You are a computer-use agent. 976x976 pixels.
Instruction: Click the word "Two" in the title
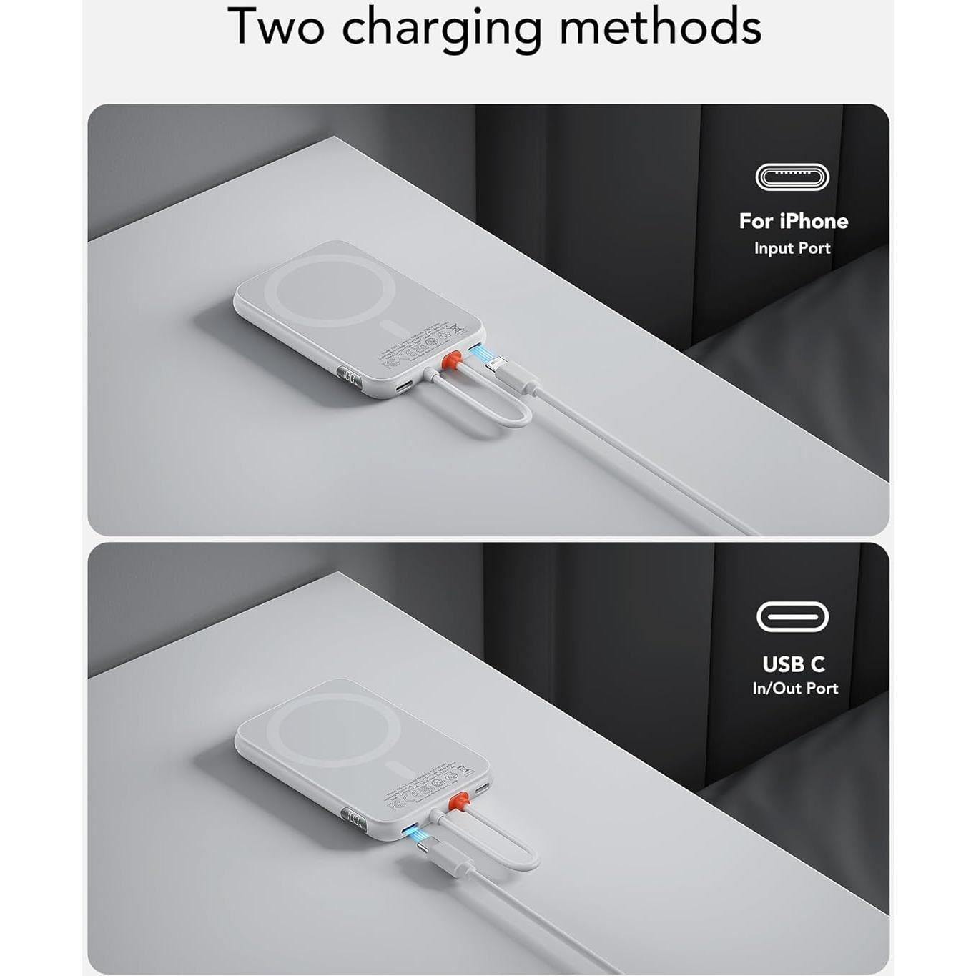276,27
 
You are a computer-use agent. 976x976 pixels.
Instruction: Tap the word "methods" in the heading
660,27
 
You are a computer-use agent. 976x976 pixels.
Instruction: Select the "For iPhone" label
793,221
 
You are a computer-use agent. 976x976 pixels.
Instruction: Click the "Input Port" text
792,248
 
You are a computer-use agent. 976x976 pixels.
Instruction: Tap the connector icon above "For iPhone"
792,177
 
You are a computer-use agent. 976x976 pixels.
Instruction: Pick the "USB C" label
793,664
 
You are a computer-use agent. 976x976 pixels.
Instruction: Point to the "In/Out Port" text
794,688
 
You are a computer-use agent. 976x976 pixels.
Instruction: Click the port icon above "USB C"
792,617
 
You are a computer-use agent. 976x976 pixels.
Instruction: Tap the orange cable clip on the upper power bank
451,360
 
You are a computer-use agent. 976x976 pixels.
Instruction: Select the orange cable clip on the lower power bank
458,800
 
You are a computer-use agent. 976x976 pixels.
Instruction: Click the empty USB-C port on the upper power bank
403,387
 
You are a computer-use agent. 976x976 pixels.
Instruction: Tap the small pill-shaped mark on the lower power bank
395,770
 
